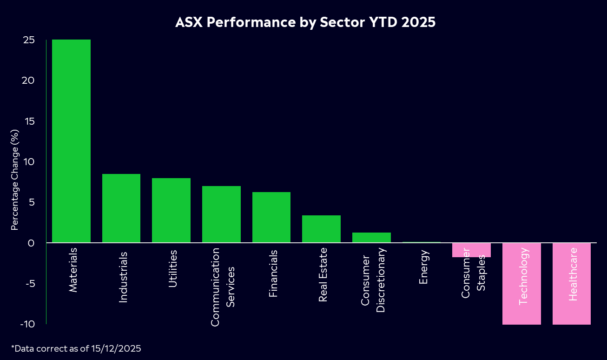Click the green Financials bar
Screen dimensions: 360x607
pos(271,217)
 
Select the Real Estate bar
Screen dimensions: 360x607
pos(321,229)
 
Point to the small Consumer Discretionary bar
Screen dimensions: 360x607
pos(371,237)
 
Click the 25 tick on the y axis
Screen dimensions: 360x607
pos(29,40)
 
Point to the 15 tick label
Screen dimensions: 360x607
pos(29,121)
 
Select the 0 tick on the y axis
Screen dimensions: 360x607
pos(31,243)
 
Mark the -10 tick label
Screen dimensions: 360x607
pos(27,324)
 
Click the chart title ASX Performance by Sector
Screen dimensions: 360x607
pos(305,22)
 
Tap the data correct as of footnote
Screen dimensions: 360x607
pos(76,348)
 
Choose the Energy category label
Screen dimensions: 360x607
pos(423,267)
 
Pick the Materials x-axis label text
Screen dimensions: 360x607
pos(73,270)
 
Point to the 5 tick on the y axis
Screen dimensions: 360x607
pos(31,202)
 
